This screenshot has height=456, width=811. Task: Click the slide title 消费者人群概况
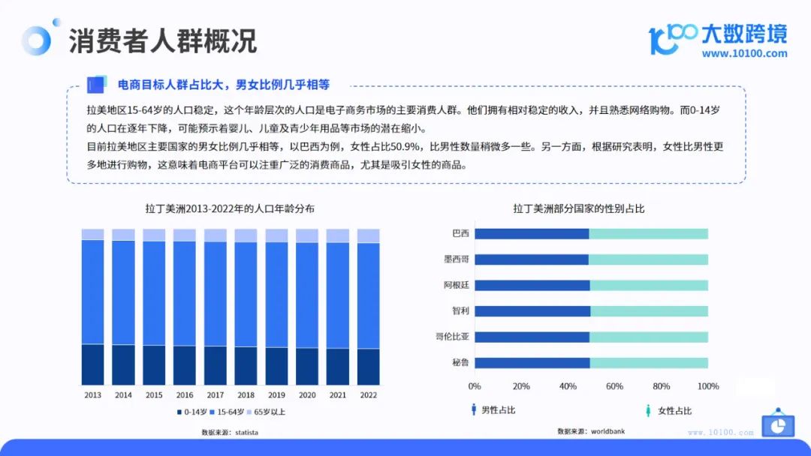163,40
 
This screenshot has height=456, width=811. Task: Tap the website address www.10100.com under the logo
744,53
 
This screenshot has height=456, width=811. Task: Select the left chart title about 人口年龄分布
230,208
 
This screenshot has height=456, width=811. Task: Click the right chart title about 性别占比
579,208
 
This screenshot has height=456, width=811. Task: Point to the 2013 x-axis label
92,395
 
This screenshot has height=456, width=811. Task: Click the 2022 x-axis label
368,395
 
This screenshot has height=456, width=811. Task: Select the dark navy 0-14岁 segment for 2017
216,366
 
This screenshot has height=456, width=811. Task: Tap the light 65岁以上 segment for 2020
307,236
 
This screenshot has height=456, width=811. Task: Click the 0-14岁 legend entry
192,412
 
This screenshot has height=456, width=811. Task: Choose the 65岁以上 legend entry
266,412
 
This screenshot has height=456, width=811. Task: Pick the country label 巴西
460,233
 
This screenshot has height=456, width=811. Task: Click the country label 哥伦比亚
452,337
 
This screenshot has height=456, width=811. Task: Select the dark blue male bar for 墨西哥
532,259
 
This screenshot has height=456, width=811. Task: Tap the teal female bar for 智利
649,311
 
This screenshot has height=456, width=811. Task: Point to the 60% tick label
614,386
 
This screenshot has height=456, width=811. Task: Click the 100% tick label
708,386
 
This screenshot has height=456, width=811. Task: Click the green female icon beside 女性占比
648,410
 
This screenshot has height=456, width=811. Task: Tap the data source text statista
247,432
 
